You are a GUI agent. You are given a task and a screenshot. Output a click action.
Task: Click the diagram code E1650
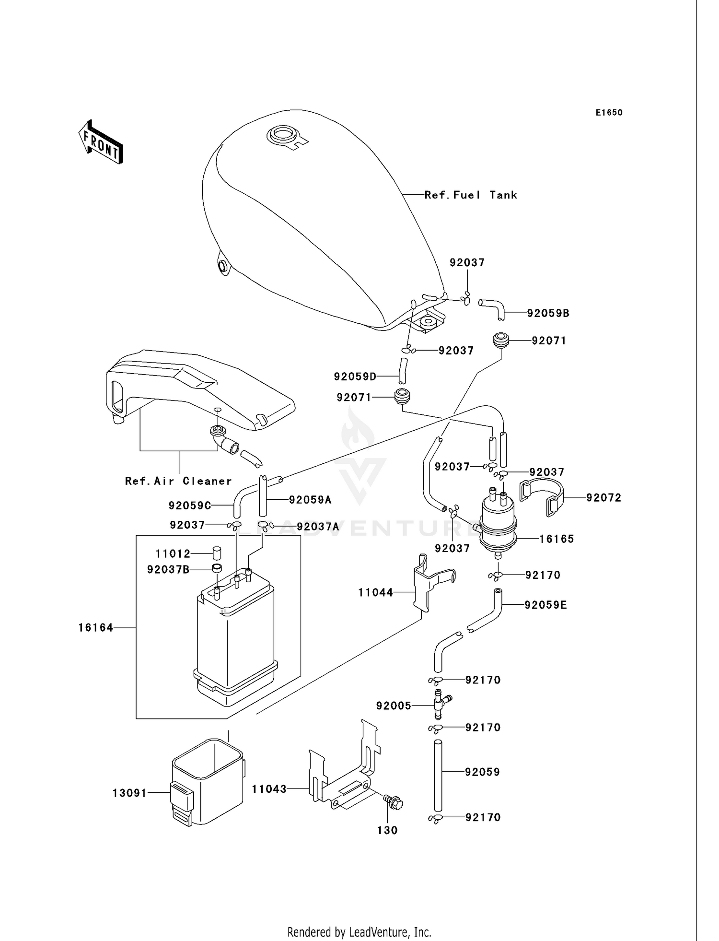pyautogui.click(x=609, y=113)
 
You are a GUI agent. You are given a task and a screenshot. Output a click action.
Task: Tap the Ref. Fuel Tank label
pyautogui.click(x=471, y=195)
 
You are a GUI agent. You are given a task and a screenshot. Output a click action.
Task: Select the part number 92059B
pyautogui.click(x=548, y=313)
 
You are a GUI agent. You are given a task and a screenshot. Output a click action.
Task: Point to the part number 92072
pyautogui.click(x=603, y=498)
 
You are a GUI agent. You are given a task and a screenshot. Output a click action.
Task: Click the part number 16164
pyautogui.click(x=96, y=627)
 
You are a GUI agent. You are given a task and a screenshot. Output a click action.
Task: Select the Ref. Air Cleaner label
pyautogui.click(x=178, y=481)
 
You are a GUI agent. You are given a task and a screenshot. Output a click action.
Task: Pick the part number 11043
pyautogui.click(x=269, y=789)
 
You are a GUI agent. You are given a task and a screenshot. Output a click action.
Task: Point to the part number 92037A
pyautogui.click(x=318, y=527)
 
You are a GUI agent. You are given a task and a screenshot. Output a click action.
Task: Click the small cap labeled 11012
pyautogui.click(x=216, y=553)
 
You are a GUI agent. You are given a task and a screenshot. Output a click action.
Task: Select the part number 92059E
pyautogui.click(x=545, y=605)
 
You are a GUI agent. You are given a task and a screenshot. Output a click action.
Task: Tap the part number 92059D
pyautogui.click(x=355, y=376)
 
